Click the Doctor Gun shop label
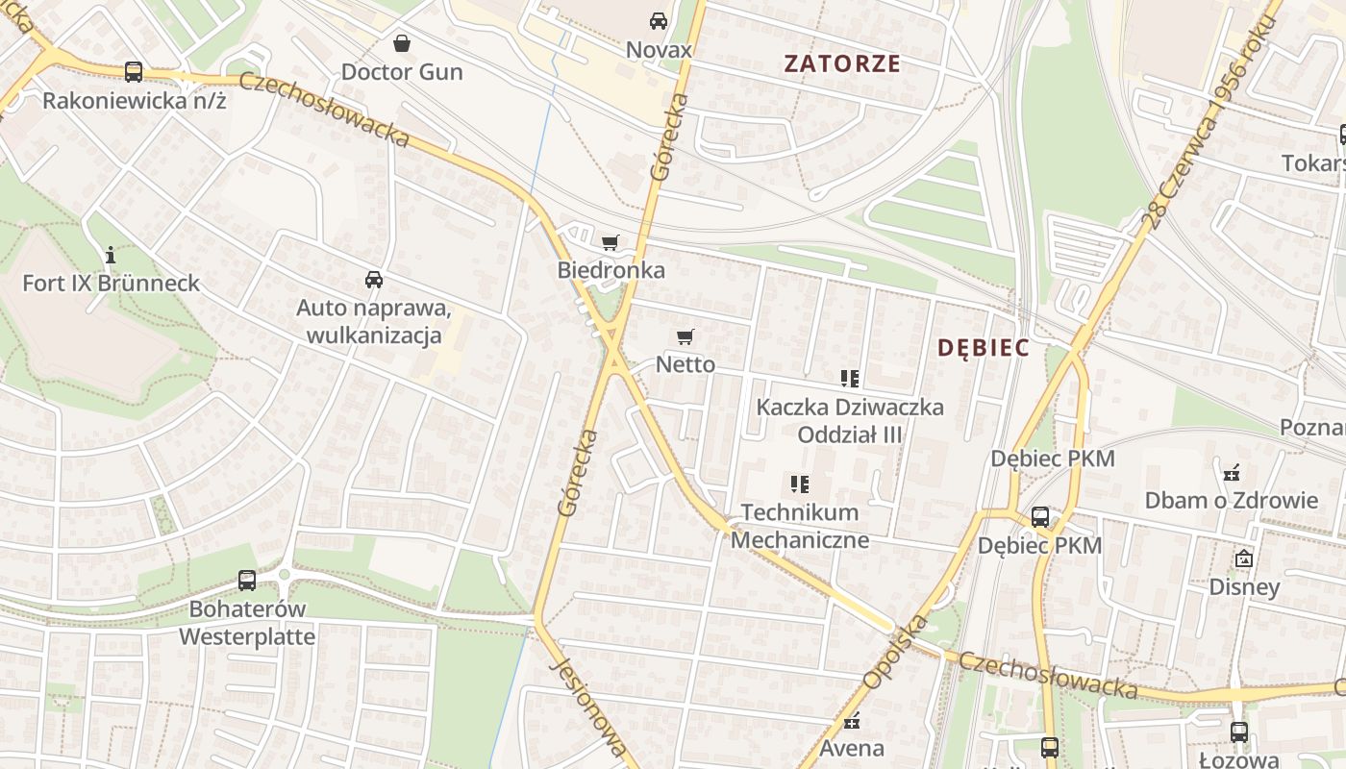tap(402, 72)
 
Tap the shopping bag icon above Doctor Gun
tap(402, 43)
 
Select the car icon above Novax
tap(659, 20)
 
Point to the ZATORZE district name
tap(842, 64)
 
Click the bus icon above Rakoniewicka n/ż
tap(134, 71)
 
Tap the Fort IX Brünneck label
tap(112, 283)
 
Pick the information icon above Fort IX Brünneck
tap(111, 255)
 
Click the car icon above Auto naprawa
tap(374, 280)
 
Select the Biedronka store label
tap(611, 270)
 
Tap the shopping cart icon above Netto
tap(685, 336)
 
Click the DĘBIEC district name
tap(984, 348)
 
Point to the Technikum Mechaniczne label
tap(800, 526)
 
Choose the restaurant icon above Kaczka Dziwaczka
tap(849, 379)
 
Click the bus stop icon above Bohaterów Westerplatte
tap(247, 581)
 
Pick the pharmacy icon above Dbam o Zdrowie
tap(1231, 472)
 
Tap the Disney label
tap(1244, 586)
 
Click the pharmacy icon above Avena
tap(852, 721)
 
